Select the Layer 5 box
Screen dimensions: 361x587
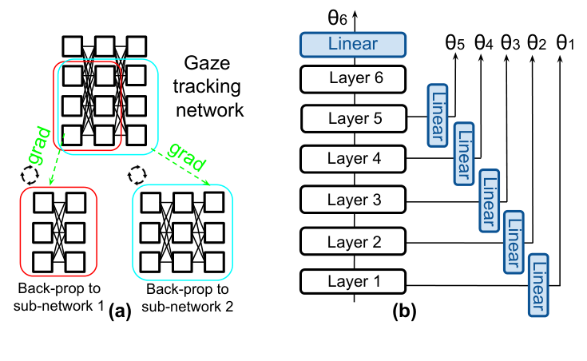(353, 118)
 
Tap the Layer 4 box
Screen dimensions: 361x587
(353, 157)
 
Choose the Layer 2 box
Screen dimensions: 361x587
(353, 240)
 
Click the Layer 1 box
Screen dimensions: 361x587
(353, 282)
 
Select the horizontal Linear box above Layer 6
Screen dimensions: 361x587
(353, 43)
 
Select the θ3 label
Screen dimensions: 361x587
(510, 42)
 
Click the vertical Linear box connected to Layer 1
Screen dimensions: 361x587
(541, 284)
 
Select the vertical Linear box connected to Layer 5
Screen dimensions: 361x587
(439, 113)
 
